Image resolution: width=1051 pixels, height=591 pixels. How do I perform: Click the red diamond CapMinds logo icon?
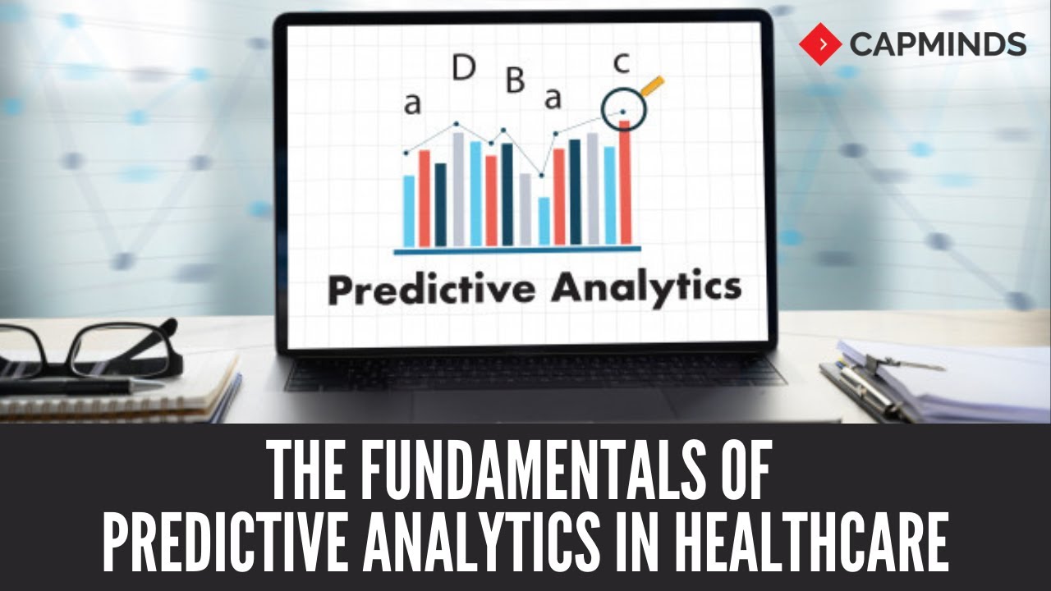pos(820,44)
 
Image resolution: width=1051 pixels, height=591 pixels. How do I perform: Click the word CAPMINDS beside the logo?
pos(938,44)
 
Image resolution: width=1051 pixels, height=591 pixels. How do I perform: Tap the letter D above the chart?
pos(464,70)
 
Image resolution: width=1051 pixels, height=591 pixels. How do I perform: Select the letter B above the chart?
pos(514,80)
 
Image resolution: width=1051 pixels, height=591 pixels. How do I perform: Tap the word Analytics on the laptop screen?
pos(646,290)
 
